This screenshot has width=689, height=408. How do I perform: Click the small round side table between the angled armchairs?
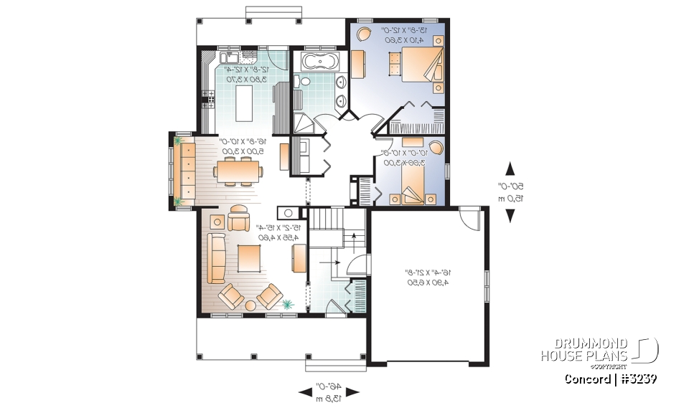point(250,305)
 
